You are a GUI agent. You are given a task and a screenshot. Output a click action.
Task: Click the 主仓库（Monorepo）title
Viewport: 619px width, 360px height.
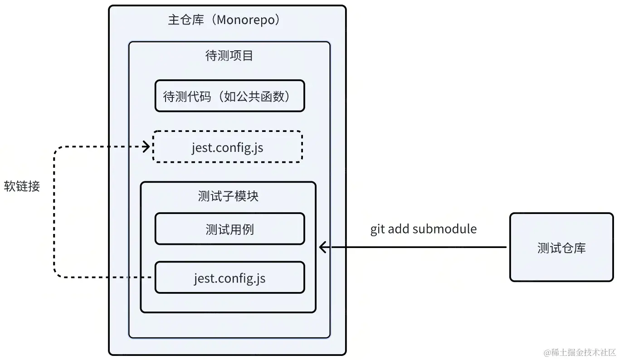click(x=225, y=20)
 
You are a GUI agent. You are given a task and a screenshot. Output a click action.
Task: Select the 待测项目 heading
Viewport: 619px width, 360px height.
click(x=229, y=56)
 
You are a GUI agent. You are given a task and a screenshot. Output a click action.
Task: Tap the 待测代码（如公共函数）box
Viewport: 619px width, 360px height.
click(x=229, y=96)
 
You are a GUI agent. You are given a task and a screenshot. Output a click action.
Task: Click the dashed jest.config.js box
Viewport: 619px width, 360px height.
click(x=228, y=147)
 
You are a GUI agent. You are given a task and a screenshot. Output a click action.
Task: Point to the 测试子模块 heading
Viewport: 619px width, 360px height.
click(x=228, y=196)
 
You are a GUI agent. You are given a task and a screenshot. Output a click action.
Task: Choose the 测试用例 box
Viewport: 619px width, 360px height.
click(x=229, y=229)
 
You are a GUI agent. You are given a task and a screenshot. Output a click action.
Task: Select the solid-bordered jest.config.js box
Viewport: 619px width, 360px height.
click(x=229, y=277)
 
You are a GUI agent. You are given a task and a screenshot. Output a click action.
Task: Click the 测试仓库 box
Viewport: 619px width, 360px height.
click(x=561, y=248)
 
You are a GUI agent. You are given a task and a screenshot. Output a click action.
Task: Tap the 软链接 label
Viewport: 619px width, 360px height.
click(x=22, y=186)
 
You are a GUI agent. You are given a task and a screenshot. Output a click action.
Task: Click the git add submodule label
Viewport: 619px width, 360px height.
click(x=424, y=229)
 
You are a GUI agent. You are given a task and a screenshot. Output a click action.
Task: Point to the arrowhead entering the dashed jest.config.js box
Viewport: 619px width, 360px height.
click(x=146, y=146)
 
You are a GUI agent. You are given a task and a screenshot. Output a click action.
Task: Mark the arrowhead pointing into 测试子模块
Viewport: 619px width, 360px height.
click(x=322, y=247)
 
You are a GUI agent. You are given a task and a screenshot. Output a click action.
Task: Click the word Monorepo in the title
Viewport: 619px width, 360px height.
click(x=246, y=20)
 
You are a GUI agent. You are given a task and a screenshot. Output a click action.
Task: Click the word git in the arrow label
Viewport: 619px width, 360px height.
click(x=377, y=229)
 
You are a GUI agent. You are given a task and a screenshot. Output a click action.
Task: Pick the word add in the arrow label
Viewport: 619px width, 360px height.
click(x=398, y=229)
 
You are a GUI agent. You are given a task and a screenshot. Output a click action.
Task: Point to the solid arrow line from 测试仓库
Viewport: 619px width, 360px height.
click(x=417, y=247)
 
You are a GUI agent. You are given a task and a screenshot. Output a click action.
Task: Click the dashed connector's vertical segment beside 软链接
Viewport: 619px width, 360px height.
click(x=54, y=213)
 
